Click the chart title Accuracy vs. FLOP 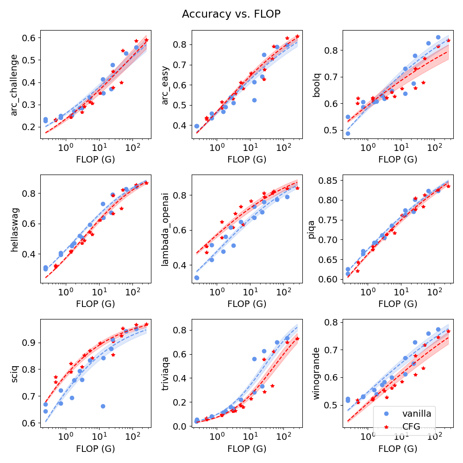click(231, 14)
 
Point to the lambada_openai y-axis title click(165, 229)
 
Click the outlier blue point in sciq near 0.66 click(103, 406)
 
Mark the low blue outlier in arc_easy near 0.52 click(254, 100)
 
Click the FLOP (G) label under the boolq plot click(397, 159)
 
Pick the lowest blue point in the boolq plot click(348, 133)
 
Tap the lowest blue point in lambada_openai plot click(197, 277)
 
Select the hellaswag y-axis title click(14, 229)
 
